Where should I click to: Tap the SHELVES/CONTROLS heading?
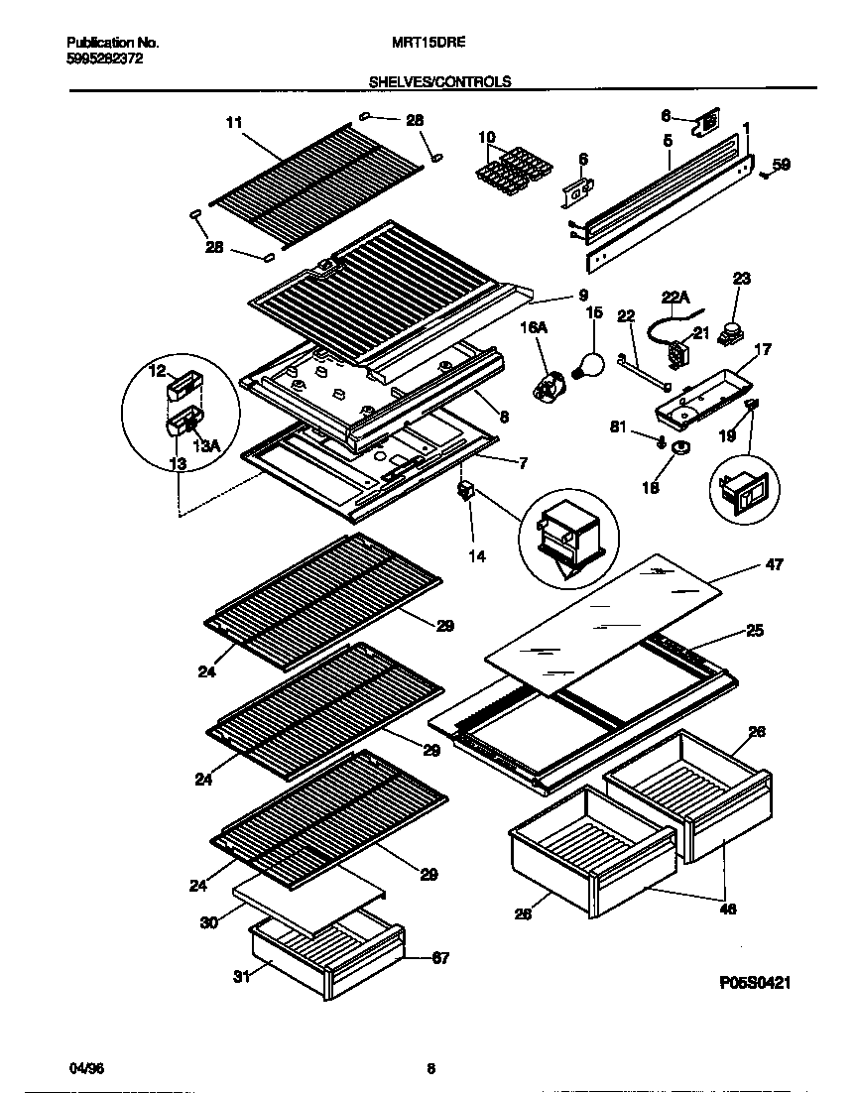[439, 82]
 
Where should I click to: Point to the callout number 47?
[774, 564]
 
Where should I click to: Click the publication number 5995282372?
[104, 60]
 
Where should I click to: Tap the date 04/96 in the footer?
[86, 1068]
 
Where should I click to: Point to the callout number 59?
[782, 166]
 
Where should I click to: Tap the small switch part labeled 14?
[463, 491]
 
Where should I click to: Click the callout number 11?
[234, 123]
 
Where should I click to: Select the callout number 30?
[207, 922]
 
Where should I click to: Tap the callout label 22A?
[674, 295]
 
